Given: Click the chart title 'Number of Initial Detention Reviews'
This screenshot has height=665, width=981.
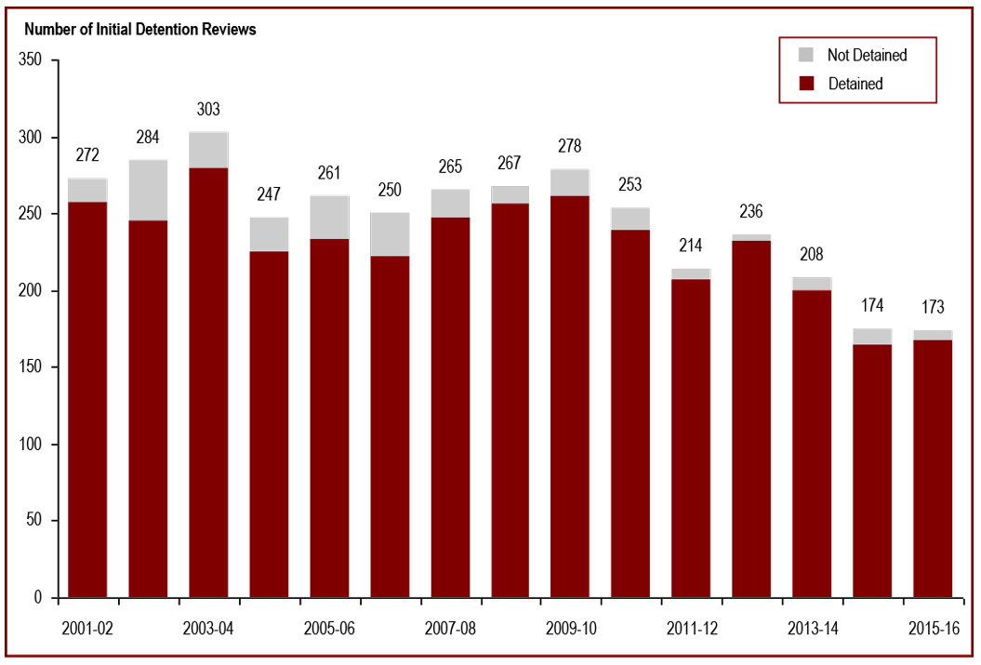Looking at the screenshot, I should tap(140, 29).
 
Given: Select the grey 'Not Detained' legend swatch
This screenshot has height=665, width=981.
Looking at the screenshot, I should tap(806, 55).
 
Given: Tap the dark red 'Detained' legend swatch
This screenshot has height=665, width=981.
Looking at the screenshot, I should tap(806, 84).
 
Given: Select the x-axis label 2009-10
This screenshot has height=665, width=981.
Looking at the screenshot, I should tap(570, 628).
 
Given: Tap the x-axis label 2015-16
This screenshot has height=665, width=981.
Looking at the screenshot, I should tap(933, 628).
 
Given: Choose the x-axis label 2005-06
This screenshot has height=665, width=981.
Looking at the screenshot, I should tap(329, 628).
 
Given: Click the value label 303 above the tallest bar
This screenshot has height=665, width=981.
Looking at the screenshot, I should tap(208, 110).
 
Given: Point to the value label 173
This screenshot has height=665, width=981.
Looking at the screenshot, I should tap(933, 306).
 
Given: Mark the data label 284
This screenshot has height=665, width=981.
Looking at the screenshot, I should tap(148, 138).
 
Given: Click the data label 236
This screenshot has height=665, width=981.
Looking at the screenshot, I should tap(751, 211).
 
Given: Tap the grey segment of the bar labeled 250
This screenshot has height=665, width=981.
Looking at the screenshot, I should tap(390, 233).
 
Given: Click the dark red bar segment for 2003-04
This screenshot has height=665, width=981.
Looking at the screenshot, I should tap(208, 381).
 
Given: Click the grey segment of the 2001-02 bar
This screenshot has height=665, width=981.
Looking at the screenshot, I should tap(87, 190).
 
